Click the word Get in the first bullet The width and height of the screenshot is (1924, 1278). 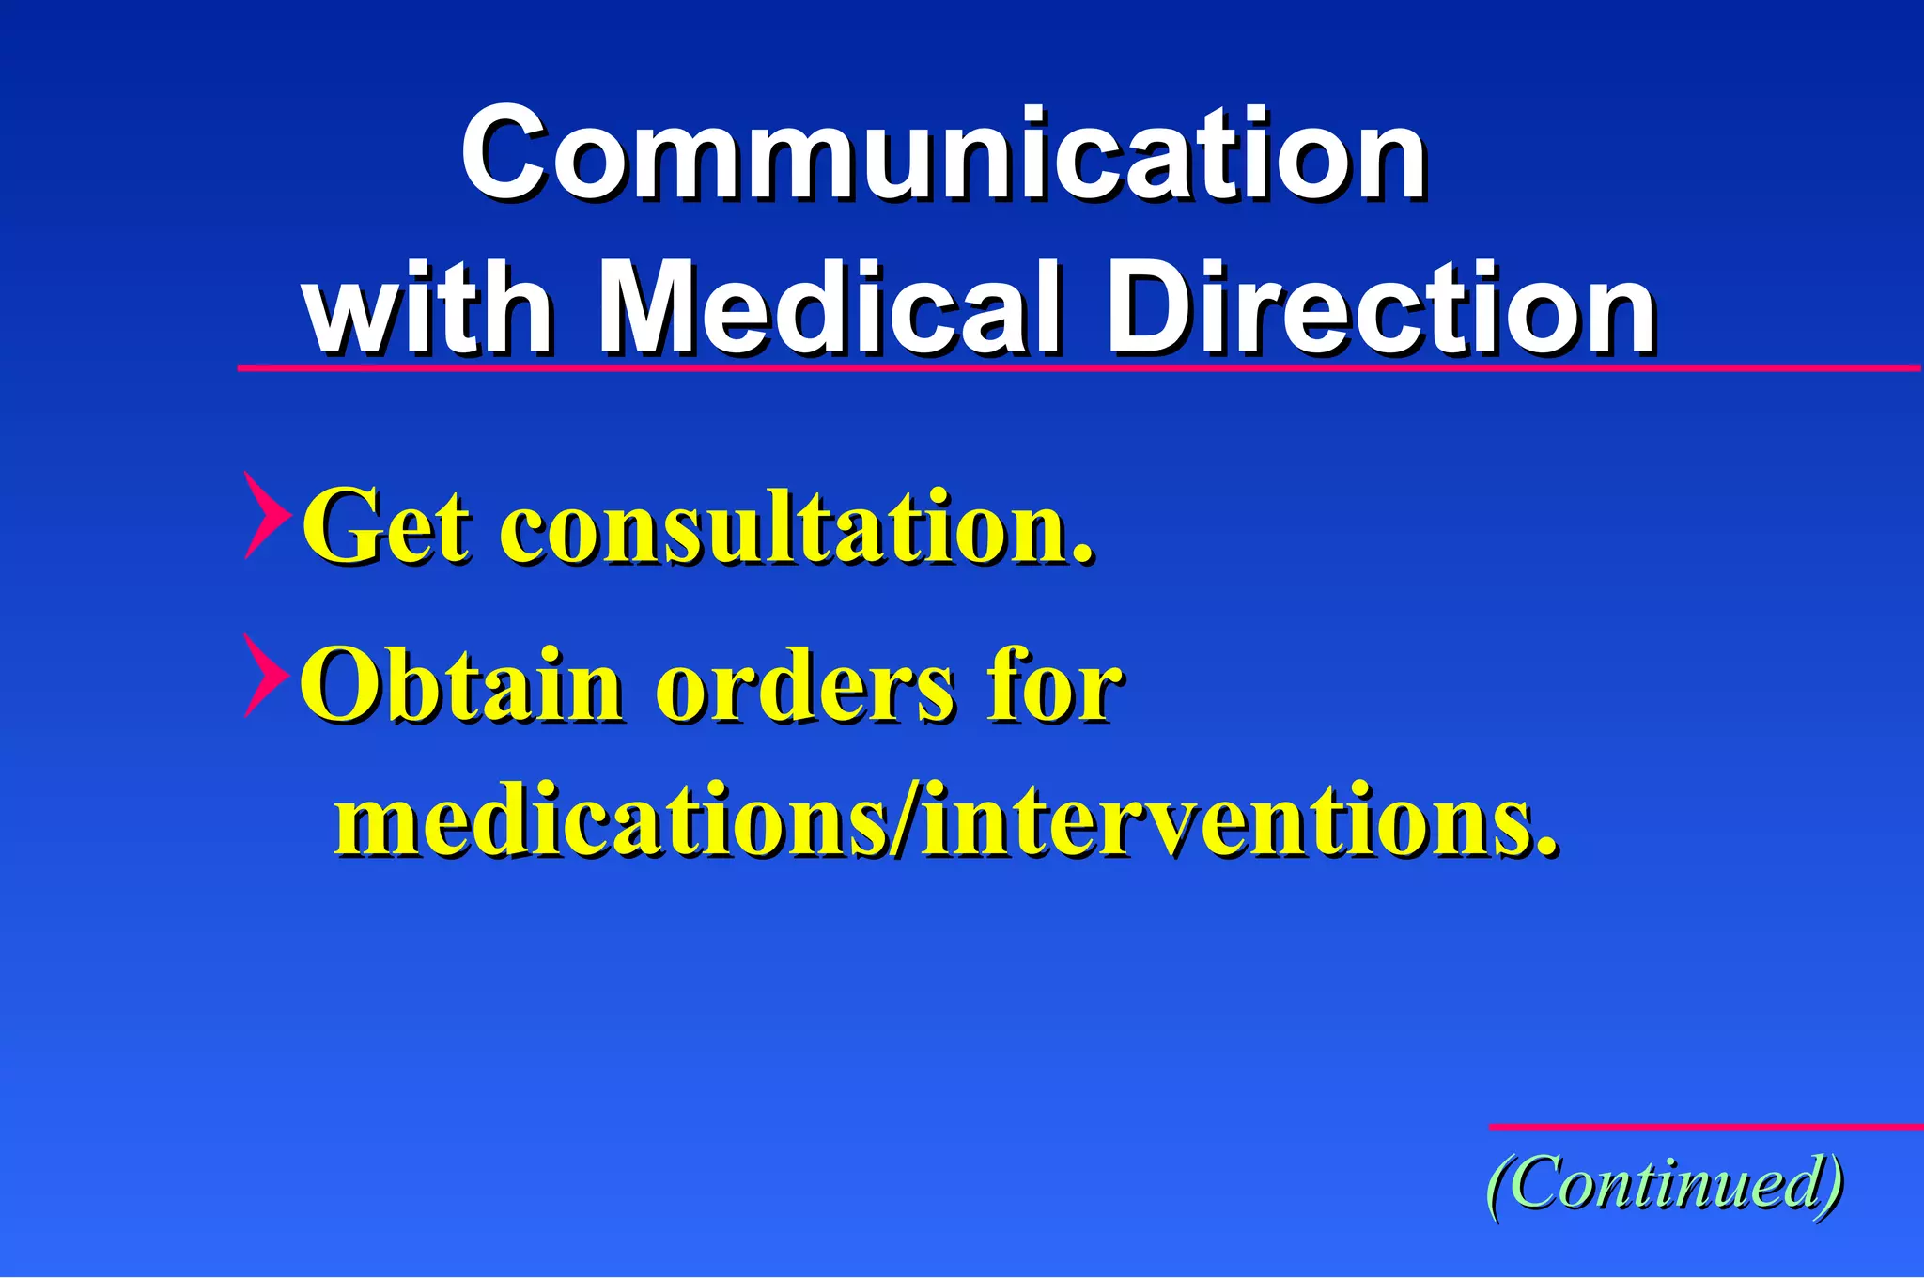385,526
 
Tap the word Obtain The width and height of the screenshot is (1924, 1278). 460,686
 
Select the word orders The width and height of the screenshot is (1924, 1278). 804,686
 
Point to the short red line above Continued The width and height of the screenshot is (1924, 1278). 1705,1127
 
